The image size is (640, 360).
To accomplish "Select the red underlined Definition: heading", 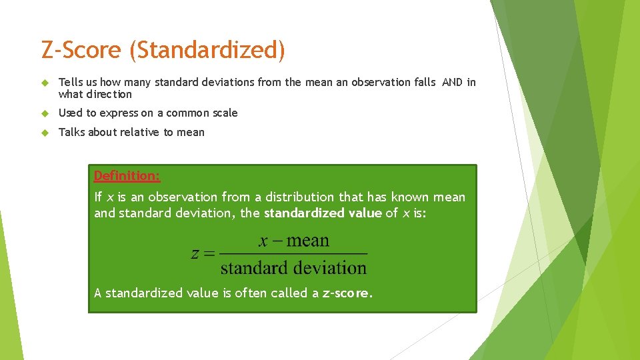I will pos(127,176).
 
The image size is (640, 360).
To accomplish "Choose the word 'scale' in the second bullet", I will pos(224,113).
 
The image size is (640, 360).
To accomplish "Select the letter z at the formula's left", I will pos(195,253).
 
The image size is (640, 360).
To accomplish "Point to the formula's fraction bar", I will pos(293,254).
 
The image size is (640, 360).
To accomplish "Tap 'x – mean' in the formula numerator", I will pos(293,241).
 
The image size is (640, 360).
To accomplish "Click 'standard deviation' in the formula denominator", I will pos(293,268).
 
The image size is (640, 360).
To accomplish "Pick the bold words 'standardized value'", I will pos(323,213).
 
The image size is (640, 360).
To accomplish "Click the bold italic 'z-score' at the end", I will pos(346,293).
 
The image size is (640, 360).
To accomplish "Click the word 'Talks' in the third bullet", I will pos(72,132).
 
